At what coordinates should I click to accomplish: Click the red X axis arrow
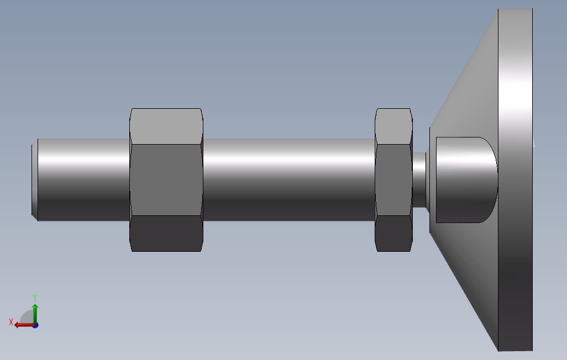tap(24, 325)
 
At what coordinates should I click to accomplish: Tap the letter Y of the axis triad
tap(35, 298)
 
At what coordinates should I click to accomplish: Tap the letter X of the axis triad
tap(11, 322)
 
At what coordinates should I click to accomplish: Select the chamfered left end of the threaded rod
tap(35, 179)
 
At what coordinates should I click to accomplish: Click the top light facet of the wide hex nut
tap(166, 126)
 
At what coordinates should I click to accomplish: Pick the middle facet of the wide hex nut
tap(166, 179)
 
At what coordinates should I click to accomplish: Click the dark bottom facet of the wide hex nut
tap(166, 234)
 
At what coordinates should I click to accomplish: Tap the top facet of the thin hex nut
tap(394, 126)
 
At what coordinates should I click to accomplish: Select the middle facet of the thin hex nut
tap(394, 179)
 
